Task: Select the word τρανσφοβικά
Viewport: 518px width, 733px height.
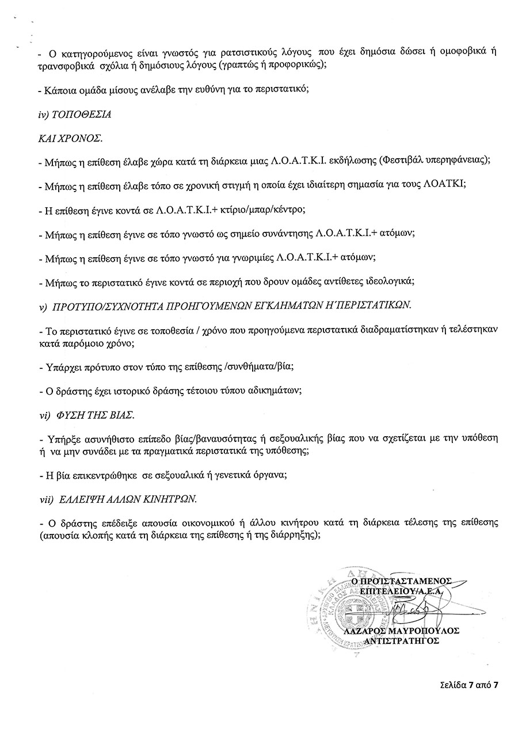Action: click(x=59, y=65)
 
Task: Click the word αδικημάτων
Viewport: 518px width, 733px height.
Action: click(x=269, y=390)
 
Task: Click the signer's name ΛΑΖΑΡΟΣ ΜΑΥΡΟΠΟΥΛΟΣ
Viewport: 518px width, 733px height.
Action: click(x=402, y=631)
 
